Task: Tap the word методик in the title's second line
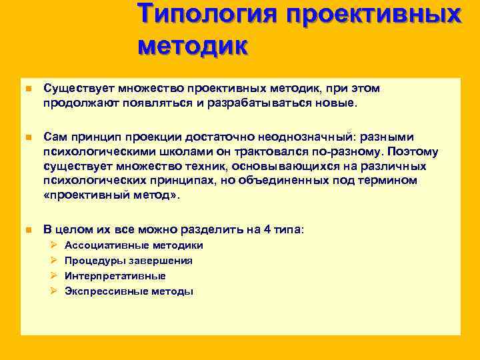pos(193,46)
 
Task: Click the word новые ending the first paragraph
pos(339,104)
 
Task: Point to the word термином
pos(384,181)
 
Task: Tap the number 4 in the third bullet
pos(267,229)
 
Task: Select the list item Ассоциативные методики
pos(133,245)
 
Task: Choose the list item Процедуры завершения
pos(129,261)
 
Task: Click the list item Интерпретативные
pos(115,276)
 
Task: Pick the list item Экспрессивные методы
pos(129,291)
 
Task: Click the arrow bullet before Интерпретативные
pos(54,276)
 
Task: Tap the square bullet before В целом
pos(27,230)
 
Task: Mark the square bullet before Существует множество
pos(27,89)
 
